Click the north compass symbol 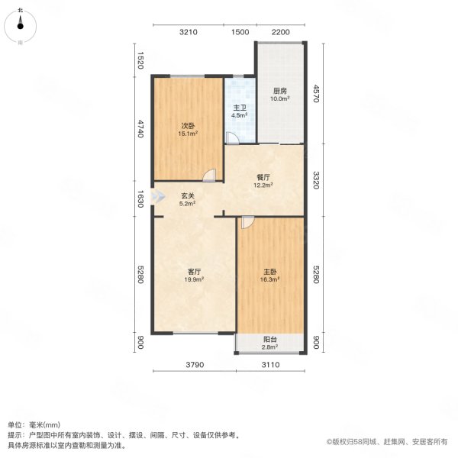tap(21, 26)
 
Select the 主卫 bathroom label tap(239, 108)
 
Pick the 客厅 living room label tap(195, 272)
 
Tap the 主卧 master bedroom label tap(271, 272)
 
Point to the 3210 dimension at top tap(189, 32)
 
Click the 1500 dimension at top tap(240, 32)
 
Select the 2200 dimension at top tap(281, 32)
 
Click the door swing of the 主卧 tap(246, 223)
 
